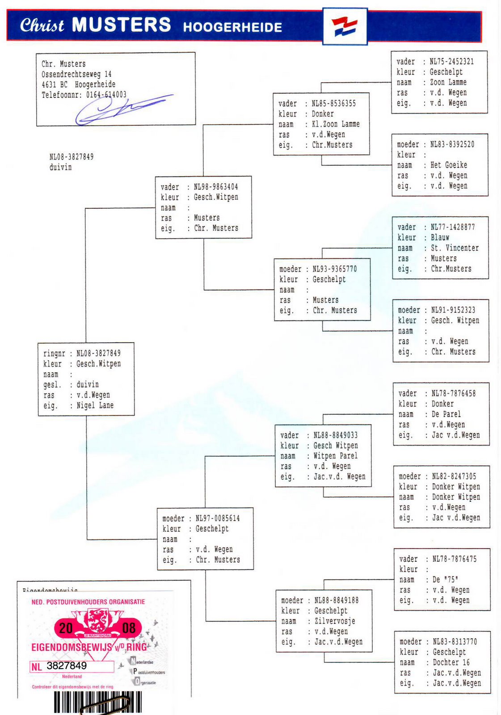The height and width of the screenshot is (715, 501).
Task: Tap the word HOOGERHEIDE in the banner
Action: pos(232,27)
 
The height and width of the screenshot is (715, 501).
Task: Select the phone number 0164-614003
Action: pos(106,95)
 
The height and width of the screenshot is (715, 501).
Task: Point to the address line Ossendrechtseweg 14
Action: pos(76,74)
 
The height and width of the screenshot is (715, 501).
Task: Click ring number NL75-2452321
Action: pos(451,62)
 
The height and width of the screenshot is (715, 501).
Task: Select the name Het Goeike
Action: pos(449,165)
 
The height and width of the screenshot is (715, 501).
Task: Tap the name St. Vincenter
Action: pos(455,248)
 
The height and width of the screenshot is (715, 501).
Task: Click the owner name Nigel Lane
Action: pos(95,405)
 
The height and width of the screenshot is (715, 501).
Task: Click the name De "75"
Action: pos(446,579)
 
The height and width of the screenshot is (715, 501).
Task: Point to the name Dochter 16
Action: pos(451,662)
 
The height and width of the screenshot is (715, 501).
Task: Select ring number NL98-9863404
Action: pos(216,187)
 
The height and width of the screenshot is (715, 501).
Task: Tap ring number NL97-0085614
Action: pos(218,518)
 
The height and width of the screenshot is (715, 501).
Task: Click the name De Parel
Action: pos(446,414)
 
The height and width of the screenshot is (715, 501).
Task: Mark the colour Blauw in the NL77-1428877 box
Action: pos(440,237)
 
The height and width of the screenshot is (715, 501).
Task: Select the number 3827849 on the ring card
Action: pos(67,665)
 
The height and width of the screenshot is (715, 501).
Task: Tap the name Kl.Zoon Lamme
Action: pos(336,124)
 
